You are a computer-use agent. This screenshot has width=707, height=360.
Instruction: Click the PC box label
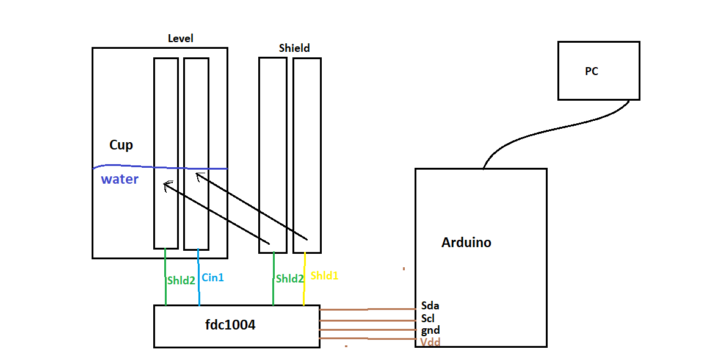591,71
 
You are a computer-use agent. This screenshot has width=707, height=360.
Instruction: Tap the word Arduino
466,242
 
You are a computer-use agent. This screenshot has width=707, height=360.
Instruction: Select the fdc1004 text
230,325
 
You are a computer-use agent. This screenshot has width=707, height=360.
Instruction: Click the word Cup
121,145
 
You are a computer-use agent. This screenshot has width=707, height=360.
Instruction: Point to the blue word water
120,179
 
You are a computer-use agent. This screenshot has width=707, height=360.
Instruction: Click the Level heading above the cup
180,38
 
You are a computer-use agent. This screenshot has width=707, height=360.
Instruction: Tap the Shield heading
294,48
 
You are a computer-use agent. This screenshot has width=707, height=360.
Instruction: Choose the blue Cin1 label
212,278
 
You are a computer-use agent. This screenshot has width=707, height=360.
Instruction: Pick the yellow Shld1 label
324,275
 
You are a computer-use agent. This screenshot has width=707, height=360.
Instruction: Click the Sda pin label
430,306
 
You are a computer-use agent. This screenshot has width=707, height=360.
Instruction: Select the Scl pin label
427,318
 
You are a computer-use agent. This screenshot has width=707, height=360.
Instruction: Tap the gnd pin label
430,331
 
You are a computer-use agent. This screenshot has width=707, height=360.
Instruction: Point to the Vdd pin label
430,342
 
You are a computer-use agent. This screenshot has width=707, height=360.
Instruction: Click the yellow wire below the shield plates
305,279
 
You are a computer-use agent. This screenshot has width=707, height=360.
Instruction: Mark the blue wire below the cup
198,277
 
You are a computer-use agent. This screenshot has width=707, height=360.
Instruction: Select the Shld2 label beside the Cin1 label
181,280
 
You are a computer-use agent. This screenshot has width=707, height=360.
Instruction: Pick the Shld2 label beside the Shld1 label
289,278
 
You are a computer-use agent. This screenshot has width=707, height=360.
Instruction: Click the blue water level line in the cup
160,168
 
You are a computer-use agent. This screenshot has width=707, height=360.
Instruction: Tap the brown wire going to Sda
368,309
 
